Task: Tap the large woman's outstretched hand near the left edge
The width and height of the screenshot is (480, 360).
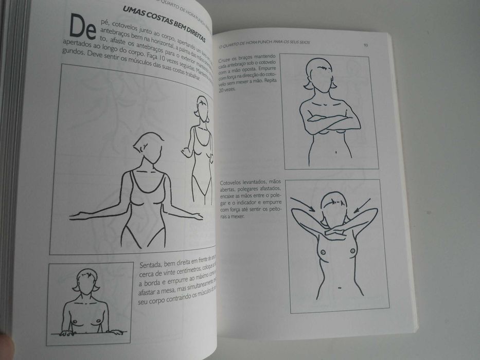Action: [x=77, y=215]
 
